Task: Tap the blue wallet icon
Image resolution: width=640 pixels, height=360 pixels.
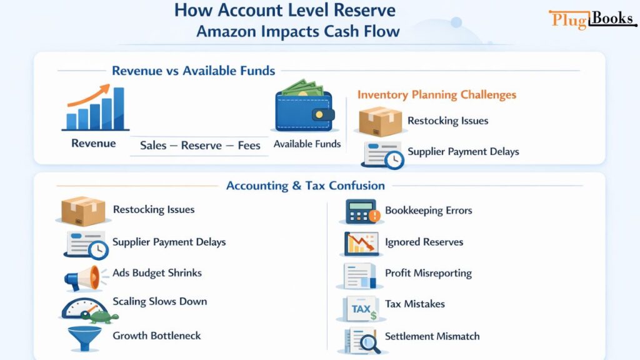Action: pyautogui.click(x=305, y=110)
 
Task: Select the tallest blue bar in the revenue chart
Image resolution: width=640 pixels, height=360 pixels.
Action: pyautogui.click(x=118, y=108)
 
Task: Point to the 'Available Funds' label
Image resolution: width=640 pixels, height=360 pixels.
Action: pyautogui.click(x=307, y=144)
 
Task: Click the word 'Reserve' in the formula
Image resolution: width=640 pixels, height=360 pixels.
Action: pyautogui.click(x=201, y=145)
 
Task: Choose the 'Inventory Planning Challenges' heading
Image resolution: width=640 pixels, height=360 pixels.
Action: pyautogui.click(x=437, y=95)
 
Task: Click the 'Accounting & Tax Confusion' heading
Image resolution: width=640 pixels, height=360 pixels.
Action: pyautogui.click(x=306, y=186)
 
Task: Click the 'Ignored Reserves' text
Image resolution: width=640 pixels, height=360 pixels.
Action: pyautogui.click(x=424, y=242)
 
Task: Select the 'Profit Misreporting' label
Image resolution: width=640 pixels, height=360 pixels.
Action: pyautogui.click(x=428, y=273)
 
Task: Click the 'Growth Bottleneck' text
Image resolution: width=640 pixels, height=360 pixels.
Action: pyautogui.click(x=157, y=336)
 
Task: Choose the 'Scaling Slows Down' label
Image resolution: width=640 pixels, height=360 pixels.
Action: pyautogui.click(x=159, y=301)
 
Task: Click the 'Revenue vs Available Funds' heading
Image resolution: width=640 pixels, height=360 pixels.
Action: pyautogui.click(x=194, y=71)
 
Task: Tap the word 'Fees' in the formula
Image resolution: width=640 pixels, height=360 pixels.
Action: pyautogui.click(x=249, y=145)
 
